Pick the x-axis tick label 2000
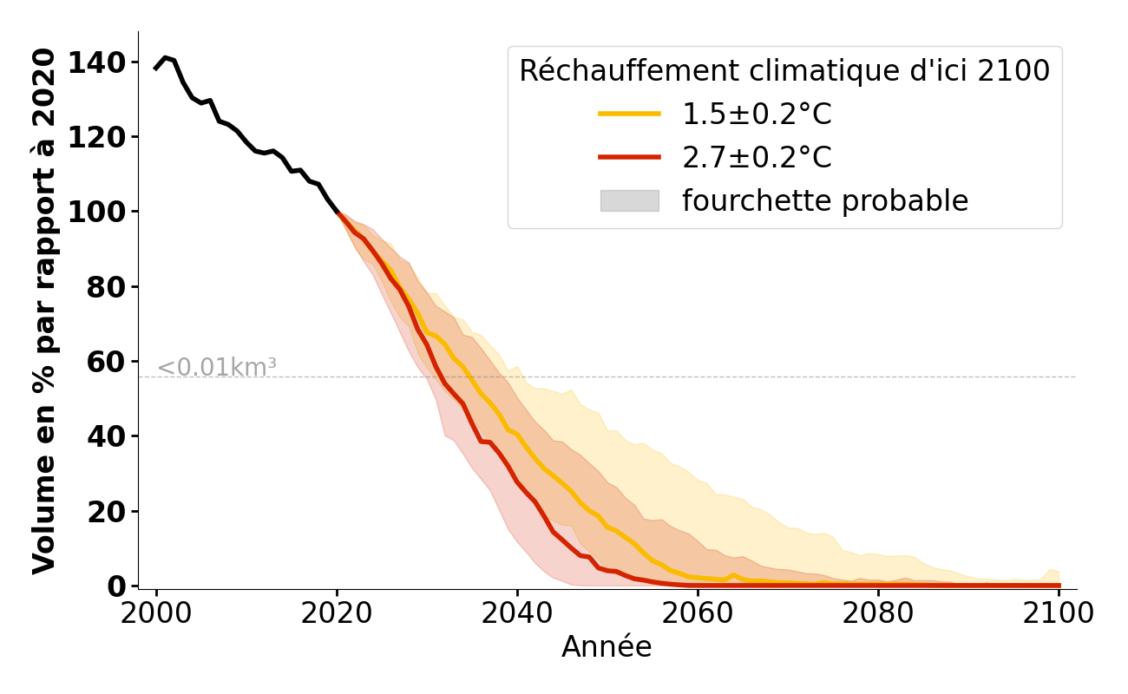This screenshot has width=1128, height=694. (x=156, y=613)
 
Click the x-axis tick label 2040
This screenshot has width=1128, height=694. (x=517, y=613)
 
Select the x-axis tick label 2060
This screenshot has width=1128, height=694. (x=698, y=613)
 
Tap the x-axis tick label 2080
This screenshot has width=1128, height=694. (x=878, y=613)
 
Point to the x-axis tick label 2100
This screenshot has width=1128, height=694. (x=1059, y=613)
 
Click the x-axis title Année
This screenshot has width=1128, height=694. (x=607, y=647)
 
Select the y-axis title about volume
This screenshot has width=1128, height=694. (x=44, y=311)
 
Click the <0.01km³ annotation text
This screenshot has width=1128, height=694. (x=217, y=368)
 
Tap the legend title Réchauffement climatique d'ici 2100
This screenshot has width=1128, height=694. (x=784, y=71)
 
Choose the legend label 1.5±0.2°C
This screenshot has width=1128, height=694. (x=757, y=115)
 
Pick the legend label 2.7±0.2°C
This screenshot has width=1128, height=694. (x=757, y=158)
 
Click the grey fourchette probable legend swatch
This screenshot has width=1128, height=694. (x=629, y=201)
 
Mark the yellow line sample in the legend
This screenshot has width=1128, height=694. (x=629, y=114)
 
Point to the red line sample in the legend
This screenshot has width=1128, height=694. (x=629, y=157)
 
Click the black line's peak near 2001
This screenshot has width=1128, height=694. (x=165, y=57)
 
